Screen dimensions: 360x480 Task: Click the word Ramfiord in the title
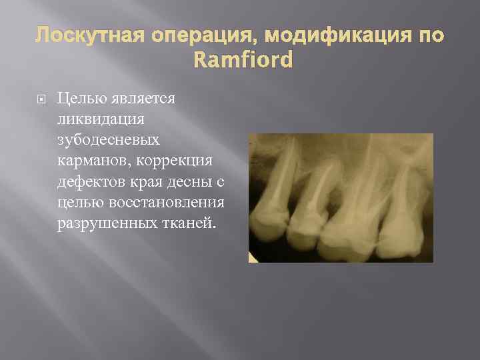tap(243, 61)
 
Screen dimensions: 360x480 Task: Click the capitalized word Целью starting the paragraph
tap(79, 99)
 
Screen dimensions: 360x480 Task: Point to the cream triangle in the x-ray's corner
tap(253, 257)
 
